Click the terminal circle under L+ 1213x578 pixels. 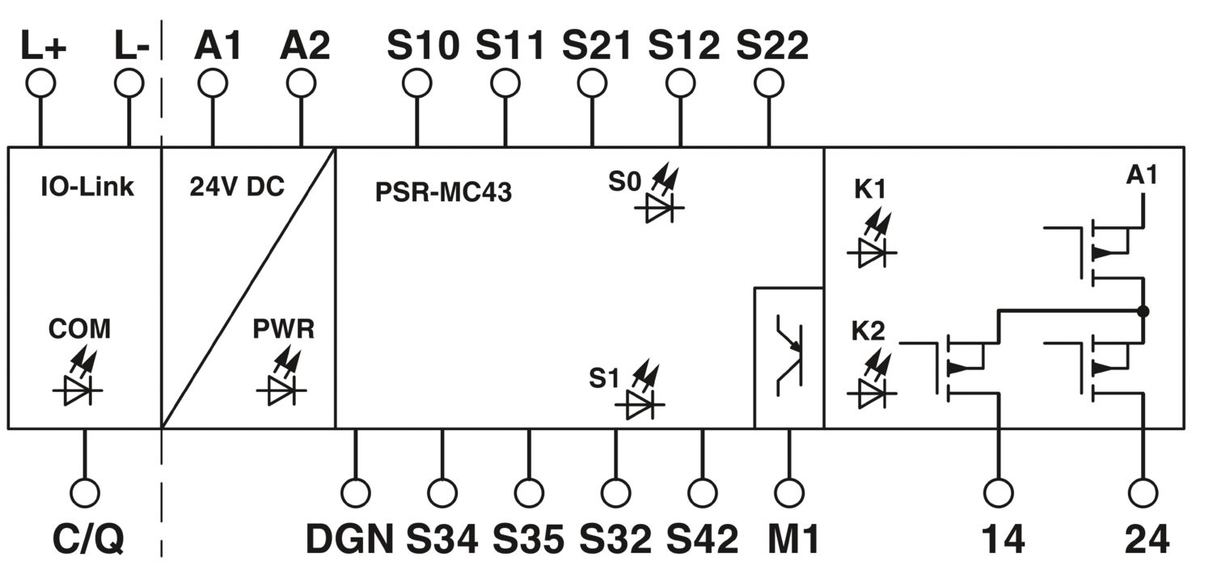click(40, 84)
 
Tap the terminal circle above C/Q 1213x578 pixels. click(85, 493)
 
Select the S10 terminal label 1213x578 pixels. click(423, 45)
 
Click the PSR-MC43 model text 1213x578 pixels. click(443, 192)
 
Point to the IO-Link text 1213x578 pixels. click(87, 187)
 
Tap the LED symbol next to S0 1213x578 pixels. click(659, 196)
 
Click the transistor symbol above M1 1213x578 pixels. click(789, 355)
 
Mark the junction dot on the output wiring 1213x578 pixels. click(1143, 311)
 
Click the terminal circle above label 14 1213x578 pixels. click(998, 493)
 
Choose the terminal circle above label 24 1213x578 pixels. click(1143, 493)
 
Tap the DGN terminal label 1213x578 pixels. click(349, 539)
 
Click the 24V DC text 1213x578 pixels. click(237, 187)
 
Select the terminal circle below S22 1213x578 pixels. click(769, 84)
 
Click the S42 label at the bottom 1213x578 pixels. click(702, 539)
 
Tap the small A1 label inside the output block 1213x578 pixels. click(1142, 175)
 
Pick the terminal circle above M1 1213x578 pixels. click(789, 493)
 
